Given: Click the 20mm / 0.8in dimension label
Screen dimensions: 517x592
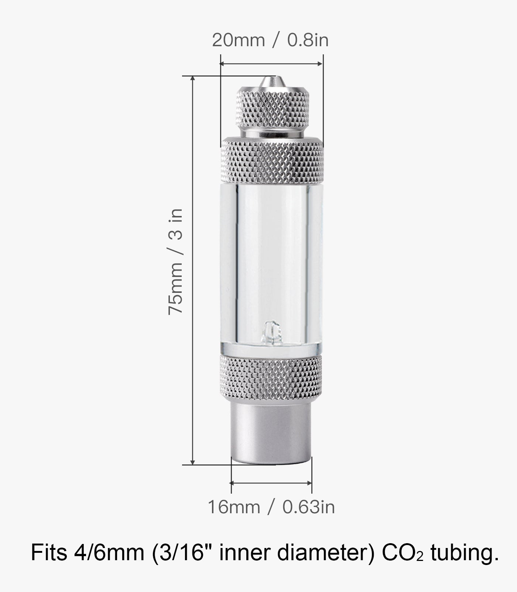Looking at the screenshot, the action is click(270, 40).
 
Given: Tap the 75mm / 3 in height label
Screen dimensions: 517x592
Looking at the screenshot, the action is click(175, 261).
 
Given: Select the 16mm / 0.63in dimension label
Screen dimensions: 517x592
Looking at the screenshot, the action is click(271, 507).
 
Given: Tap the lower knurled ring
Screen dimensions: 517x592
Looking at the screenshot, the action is click(271, 377).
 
